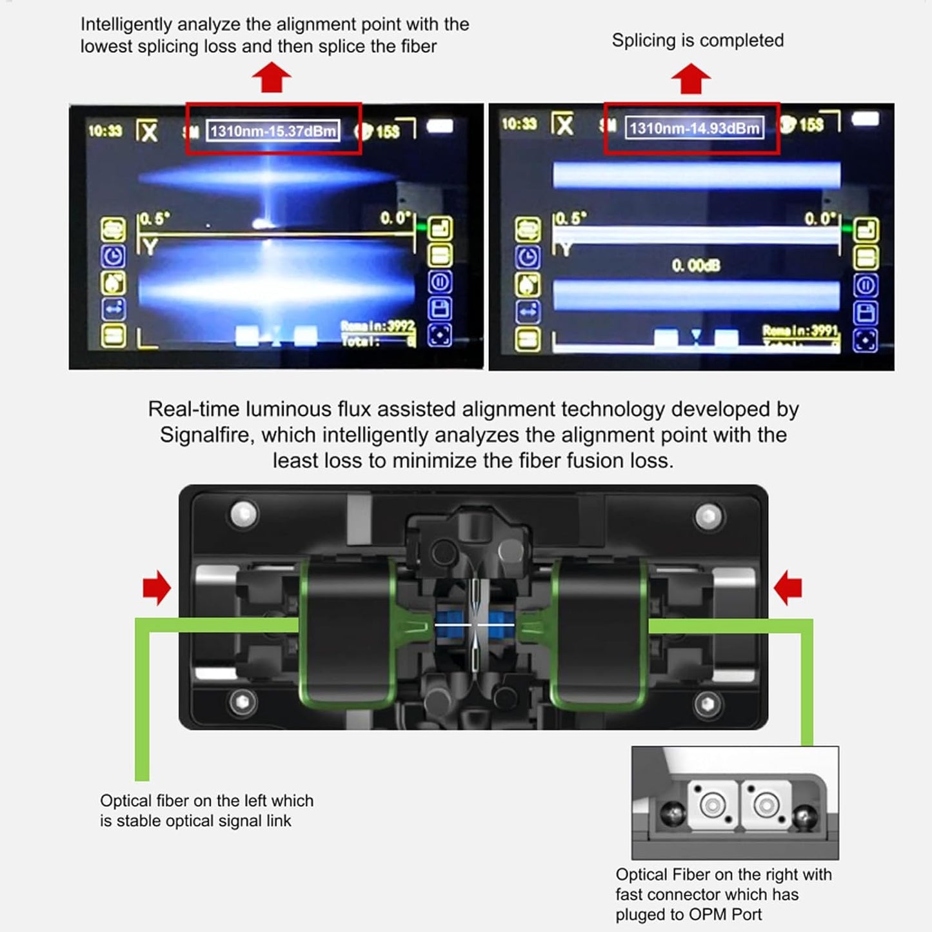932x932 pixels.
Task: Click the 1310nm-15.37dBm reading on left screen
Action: pyautogui.click(x=273, y=131)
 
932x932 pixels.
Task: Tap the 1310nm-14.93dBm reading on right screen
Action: pyautogui.click(x=694, y=128)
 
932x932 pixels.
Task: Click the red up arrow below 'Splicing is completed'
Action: pyautogui.click(x=691, y=79)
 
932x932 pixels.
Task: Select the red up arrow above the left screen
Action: pyautogui.click(x=272, y=77)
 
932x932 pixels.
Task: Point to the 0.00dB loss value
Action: pyautogui.click(x=695, y=266)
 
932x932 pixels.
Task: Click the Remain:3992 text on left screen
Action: pyautogui.click(x=378, y=326)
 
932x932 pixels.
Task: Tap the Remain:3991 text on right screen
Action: pyautogui.click(x=800, y=331)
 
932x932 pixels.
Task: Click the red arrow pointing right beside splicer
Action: pyautogui.click(x=157, y=588)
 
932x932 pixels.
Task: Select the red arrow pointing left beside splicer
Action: pyautogui.click(x=788, y=588)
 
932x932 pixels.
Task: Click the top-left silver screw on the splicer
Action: pyautogui.click(x=244, y=515)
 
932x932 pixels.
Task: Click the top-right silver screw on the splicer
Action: pyautogui.click(x=708, y=516)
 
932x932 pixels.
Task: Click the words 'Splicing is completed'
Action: pyautogui.click(x=697, y=40)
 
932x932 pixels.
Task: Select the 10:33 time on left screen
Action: pyautogui.click(x=104, y=131)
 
